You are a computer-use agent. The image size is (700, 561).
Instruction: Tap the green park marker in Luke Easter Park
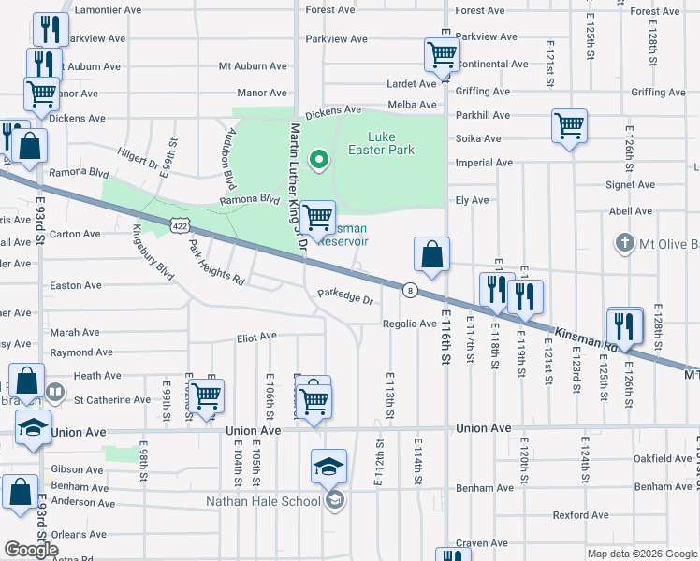319,160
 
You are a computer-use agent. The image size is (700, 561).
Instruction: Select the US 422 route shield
182,225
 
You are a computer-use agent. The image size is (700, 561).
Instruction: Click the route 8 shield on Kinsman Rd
410,290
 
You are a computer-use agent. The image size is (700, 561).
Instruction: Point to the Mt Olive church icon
625,244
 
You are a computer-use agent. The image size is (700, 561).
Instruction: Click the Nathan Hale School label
263,501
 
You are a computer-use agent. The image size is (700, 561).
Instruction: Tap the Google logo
31,550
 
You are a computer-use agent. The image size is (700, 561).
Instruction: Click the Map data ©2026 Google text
641,554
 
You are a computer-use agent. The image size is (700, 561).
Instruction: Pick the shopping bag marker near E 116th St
431,254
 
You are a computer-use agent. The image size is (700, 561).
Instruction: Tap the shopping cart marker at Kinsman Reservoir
319,218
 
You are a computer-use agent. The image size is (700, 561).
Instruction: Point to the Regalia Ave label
410,324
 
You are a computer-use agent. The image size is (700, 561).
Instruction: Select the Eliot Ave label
256,336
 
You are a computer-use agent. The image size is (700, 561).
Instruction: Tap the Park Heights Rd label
216,266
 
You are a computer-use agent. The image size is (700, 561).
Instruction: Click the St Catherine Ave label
112,399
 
